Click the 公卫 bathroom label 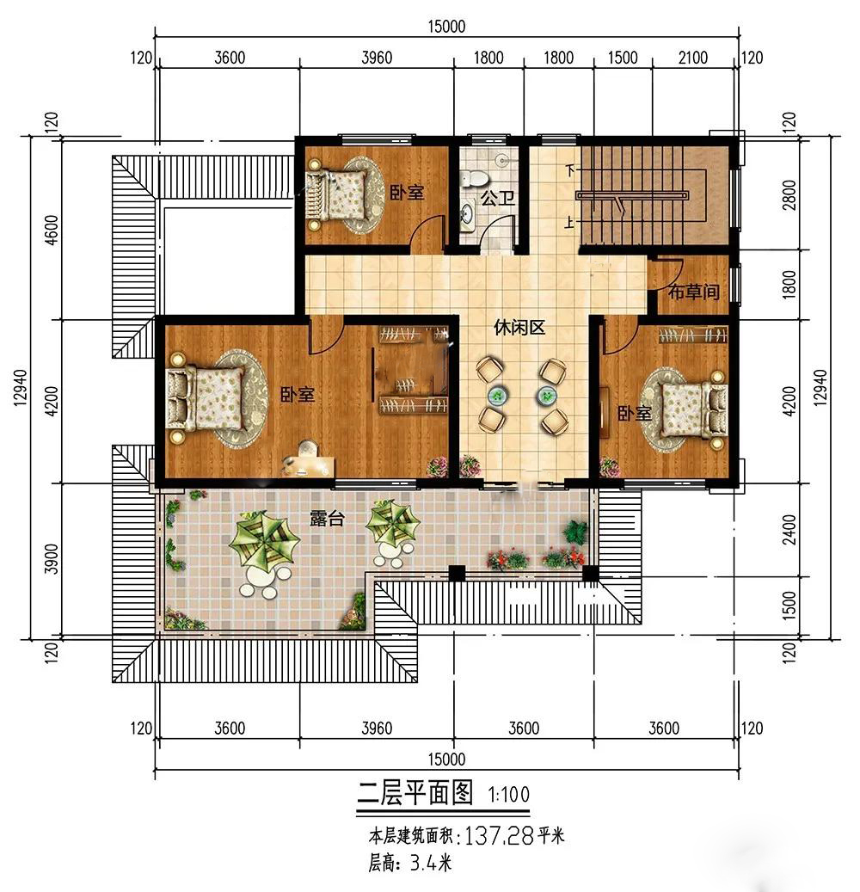498,198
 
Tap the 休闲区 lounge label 519,327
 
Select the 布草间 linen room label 693,292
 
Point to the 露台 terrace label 327,518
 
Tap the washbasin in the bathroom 467,214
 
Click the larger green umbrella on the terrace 264,538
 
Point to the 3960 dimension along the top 377,58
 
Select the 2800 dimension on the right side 789,194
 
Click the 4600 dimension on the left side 52,230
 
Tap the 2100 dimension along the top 693,58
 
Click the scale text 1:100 508,794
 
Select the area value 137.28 500,836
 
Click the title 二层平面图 415,792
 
